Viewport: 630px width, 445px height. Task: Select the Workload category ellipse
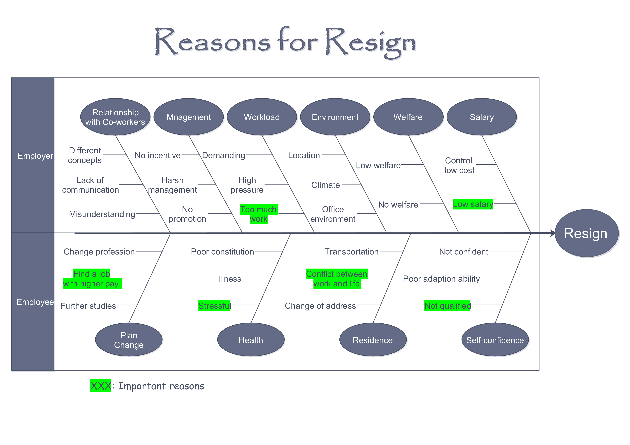click(262, 117)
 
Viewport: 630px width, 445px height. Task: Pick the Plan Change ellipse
click(129, 340)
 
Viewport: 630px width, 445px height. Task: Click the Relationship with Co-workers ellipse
click(115, 117)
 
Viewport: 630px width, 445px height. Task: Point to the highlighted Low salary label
click(473, 204)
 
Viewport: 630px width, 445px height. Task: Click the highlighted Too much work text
click(259, 214)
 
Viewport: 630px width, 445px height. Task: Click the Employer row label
click(35, 156)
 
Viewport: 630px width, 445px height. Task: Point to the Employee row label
click(35, 302)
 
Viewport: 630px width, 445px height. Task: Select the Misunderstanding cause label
click(102, 214)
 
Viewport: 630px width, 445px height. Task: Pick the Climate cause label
click(325, 185)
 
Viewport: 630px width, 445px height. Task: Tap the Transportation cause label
click(351, 251)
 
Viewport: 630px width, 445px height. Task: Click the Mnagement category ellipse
click(189, 117)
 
